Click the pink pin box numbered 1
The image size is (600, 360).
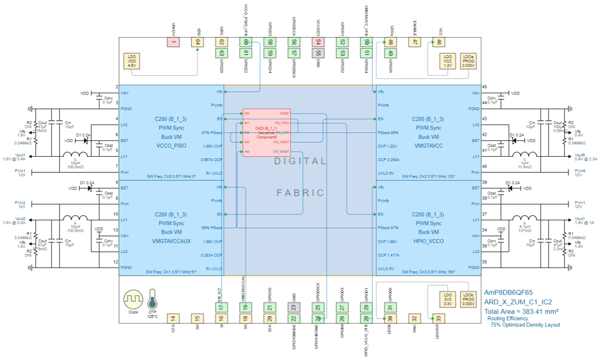[x=173, y=42]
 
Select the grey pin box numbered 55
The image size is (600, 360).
[x=318, y=53]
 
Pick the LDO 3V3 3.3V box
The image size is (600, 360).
[x=448, y=299]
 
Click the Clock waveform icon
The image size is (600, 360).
[x=133, y=299]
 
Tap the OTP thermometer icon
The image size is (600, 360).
[x=152, y=301]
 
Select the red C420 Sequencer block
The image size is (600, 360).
[x=266, y=131]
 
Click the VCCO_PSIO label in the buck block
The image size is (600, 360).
[x=171, y=146]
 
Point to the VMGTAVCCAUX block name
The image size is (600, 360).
[x=171, y=241]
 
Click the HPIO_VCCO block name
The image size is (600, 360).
[x=428, y=241]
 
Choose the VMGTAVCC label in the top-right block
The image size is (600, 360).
[x=428, y=146]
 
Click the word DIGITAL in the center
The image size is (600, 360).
[x=300, y=161]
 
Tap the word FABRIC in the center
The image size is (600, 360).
[x=300, y=193]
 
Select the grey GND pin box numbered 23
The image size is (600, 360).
[x=293, y=308]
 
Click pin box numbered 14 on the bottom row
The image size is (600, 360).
[x=173, y=319]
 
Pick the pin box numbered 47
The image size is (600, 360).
[x=415, y=42]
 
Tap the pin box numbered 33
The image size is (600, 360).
[x=439, y=319]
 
